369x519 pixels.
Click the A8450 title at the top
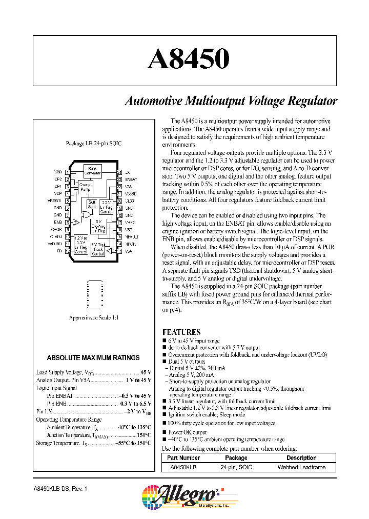pyautogui.click(x=188, y=59)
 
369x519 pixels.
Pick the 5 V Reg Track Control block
pyautogui.click(x=98, y=249)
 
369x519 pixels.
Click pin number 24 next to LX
pyautogui.click(x=119, y=172)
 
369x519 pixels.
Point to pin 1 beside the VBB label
pyautogui.click(x=68, y=172)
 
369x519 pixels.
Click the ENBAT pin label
pyautogui.click(x=131, y=179)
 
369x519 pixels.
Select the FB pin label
pyautogui.click(x=59, y=251)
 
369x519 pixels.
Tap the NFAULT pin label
pyautogui.click(x=132, y=237)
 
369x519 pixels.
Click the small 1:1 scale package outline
pyautogui.click(x=94, y=295)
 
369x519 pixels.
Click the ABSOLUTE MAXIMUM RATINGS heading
pyautogui.click(x=93, y=357)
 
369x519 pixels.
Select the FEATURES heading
pyautogui.click(x=181, y=332)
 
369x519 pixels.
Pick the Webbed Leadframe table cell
pyautogui.click(x=301, y=467)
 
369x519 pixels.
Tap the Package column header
pyautogui.click(x=236, y=458)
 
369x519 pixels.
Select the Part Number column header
pyautogui.click(x=183, y=458)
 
